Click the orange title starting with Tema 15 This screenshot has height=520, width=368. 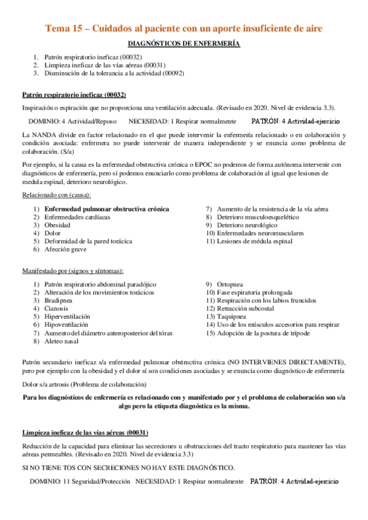(184, 28)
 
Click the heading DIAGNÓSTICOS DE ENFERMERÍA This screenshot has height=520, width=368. (184, 44)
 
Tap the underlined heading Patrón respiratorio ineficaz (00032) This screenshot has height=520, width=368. (74, 95)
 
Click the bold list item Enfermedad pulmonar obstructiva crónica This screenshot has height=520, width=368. (106, 209)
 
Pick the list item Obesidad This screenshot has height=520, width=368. (57, 225)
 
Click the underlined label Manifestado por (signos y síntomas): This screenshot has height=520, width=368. (72, 270)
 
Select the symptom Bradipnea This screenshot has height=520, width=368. (59, 300)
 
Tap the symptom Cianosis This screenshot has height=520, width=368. (57, 308)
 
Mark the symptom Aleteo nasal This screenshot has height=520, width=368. (61, 340)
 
